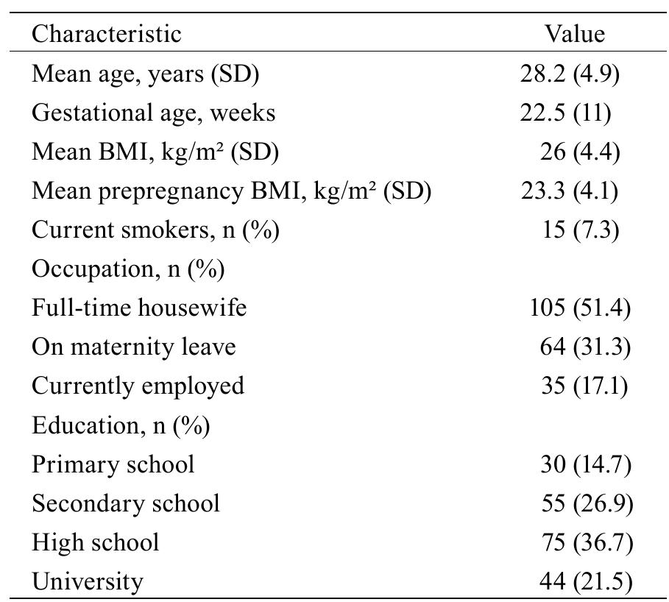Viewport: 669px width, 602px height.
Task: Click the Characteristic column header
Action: [106, 34]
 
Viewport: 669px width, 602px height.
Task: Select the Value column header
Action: [575, 34]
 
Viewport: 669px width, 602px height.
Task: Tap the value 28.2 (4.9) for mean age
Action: [570, 74]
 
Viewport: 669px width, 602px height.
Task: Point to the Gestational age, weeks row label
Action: [153, 113]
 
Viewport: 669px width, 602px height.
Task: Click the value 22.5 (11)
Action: [565, 113]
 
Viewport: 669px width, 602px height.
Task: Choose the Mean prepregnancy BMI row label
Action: [230, 191]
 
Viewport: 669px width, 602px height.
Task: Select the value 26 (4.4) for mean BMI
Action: [580, 152]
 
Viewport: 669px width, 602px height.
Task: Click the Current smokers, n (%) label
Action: [155, 230]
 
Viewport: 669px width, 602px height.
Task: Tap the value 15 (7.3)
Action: [580, 230]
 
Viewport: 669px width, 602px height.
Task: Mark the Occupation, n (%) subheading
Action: [128, 269]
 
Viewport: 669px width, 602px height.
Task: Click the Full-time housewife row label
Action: [139, 308]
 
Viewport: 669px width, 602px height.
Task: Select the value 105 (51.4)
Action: [580, 308]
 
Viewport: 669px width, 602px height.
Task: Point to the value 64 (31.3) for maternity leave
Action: [585, 347]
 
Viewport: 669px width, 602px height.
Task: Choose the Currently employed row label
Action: [138, 386]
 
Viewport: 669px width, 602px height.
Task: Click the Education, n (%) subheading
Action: [121, 425]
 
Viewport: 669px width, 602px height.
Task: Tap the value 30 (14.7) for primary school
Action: [585, 464]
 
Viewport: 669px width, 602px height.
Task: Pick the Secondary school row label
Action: [126, 503]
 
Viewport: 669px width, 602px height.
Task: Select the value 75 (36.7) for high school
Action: [585, 542]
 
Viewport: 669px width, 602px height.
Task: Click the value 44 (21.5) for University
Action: [585, 581]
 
